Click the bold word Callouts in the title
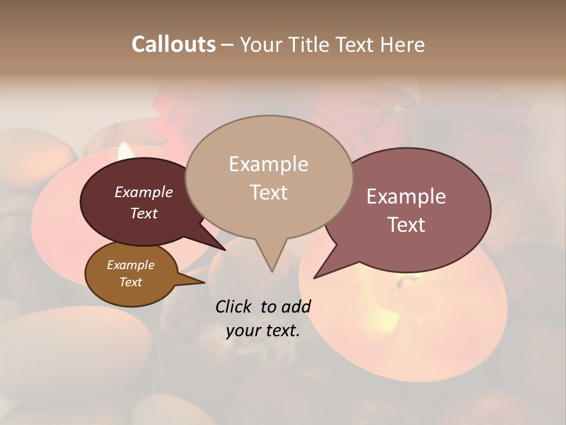coord(173,44)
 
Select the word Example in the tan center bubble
coord(268,164)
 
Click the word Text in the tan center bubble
coord(268,192)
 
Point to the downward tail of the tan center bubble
coord(271,266)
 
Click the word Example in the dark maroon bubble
coord(144,192)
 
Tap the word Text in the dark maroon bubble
coord(144,213)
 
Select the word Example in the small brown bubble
coord(130,265)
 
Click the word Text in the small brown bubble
coord(130,282)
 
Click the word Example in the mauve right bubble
coord(406,197)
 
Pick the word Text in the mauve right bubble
coord(406,225)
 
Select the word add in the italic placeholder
coord(296,306)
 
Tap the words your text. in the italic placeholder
coord(263,331)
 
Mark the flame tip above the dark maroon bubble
coord(124,149)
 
